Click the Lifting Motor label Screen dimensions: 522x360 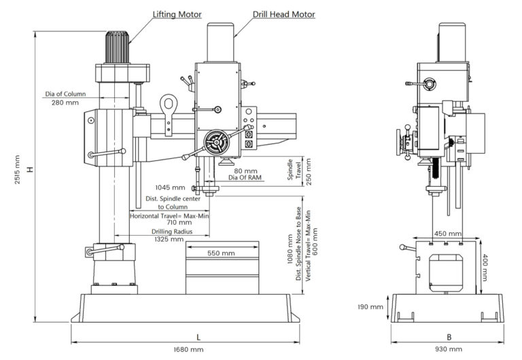click(x=177, y=15)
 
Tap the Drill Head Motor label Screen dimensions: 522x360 click(x=283, y=15)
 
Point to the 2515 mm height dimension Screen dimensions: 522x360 click(x=17, y=169)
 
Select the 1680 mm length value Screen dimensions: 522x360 click(x=188, y=350)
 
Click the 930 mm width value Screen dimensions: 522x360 click(x=449, y=349)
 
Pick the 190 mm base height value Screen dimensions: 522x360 click(x=370, y=307)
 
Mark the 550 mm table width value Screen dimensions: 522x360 click(x=221, y=253)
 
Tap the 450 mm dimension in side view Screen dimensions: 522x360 click(x=448, y=234)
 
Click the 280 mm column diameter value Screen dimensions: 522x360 click(x=65, y=103)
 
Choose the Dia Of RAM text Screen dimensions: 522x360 click(x=245, y=178)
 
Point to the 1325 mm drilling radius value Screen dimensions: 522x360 click(x=169, y=239)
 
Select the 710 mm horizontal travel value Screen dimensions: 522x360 click(x=179, y=222)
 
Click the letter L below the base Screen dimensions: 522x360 click(x=198, y=338)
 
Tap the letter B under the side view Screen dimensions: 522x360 click(x=449, y=338)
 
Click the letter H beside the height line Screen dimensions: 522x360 click(x=31, y=169)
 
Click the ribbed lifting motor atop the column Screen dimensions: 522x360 click(x=117, y=48)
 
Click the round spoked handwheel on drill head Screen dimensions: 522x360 click(x=216, y=143)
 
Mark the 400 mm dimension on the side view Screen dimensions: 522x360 click(x=485, y=268)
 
